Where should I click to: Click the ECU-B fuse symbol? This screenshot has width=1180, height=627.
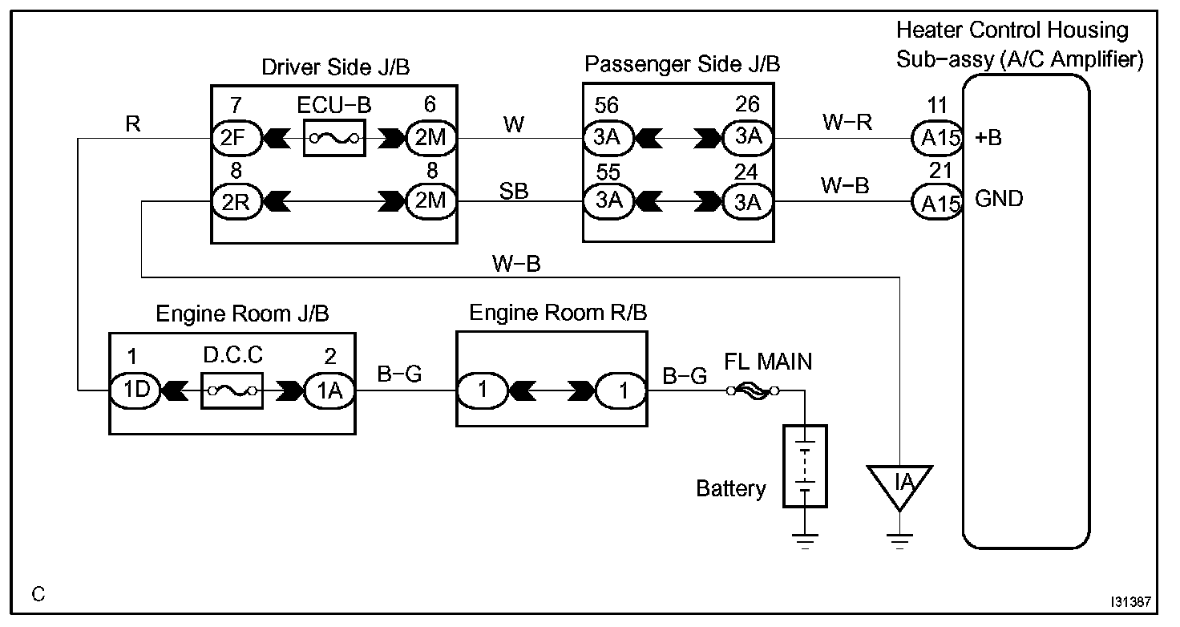point(334,138)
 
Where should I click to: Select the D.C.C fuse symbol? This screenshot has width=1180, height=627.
point(232,391)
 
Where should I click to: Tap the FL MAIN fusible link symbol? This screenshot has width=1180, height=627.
point(753,391)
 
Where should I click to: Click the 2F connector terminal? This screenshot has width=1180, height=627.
point(236,138)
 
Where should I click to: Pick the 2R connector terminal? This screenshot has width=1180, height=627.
point(236,201)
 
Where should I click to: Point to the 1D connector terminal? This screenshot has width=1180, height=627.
point(135,390)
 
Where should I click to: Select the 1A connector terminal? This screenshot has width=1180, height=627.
point(329,391)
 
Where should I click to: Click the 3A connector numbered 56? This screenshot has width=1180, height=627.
point(608,138)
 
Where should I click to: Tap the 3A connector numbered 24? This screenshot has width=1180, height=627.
point(747,202)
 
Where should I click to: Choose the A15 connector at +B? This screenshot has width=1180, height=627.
point(938,138)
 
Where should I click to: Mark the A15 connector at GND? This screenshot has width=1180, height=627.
point(938,202)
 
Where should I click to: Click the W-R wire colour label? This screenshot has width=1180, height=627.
point(847,122)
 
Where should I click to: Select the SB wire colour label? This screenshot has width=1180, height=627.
point(514,191)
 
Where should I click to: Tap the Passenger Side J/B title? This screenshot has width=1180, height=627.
point(682,64)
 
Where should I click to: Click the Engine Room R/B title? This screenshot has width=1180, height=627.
point(558,313)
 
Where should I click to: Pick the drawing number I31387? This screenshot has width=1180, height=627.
point(1131,601)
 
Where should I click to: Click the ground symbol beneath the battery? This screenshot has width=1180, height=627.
point(805,541)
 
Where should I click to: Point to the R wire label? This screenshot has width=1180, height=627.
point(133,123)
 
